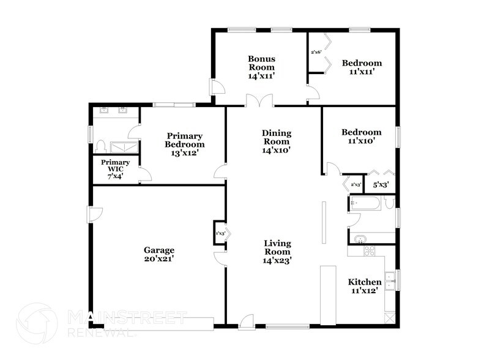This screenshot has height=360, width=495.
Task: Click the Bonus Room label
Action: pos(261,63)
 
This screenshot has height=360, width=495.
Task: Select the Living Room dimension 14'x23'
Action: pos(277,260)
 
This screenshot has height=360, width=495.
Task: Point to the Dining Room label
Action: pos(277,133)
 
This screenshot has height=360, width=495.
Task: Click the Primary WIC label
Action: pos(116,166)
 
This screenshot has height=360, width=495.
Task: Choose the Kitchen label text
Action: pos(365,282)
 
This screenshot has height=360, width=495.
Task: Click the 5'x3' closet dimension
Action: pos(381,184)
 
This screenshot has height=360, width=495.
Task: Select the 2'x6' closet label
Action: pos(316,52)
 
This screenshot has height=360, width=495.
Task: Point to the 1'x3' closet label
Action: pos(220,233)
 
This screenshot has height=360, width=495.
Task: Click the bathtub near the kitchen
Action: pos(365,203)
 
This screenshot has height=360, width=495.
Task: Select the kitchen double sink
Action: pos(390,280)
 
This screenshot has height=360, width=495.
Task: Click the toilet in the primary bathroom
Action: pos(102,147)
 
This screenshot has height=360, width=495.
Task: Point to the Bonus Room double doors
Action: pos(260,100)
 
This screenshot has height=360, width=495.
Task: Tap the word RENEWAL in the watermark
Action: pos(100,334)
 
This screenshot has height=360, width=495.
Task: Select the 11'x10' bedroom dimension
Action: pos(361,141)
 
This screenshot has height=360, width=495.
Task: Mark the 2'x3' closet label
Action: pos(355,184)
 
